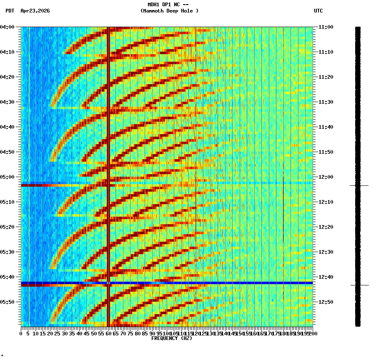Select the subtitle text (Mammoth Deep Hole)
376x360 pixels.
coord(169,11)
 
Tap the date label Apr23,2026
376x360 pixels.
coord(35,11)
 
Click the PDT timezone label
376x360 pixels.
coord(10,11)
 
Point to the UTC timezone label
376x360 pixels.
coord(318,11)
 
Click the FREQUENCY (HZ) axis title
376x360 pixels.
coord(171,338)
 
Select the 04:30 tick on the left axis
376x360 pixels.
coord(8,102)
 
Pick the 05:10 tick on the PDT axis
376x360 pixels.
coord(8,202)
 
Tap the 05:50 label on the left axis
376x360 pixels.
coord(8,302)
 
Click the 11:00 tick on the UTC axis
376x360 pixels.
coord(326,27)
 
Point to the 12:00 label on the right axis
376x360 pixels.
coord(326,177)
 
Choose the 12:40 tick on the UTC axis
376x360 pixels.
coord(326,277)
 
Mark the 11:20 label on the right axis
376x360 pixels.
coord(326,77)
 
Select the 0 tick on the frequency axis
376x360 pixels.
coord(21,334)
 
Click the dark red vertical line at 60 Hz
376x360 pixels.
coord(108,125)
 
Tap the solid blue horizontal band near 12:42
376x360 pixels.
coord(208,283)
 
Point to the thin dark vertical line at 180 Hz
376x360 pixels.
coord(283,208)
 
